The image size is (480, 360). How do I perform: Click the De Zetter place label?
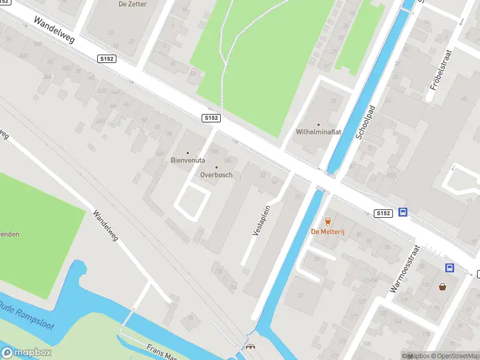[x=133, y=4]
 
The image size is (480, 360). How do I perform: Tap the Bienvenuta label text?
[x=188, y=161]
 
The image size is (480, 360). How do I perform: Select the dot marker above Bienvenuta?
[x=188, y=152]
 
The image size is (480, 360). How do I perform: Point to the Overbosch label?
[x=216, y=175]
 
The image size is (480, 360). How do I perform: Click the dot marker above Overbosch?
[x=216, y=167]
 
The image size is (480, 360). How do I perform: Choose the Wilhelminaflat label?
[x=319, y=132]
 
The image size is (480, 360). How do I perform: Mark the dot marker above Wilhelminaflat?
[x=319, y=124]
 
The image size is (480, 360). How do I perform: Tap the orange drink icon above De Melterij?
[x=328, y=222]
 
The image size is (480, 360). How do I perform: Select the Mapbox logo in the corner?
[x=26, y=353]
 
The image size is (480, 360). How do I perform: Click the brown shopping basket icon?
[x=443, y=286]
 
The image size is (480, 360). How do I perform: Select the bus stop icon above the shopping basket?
[x=449, y=268]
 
